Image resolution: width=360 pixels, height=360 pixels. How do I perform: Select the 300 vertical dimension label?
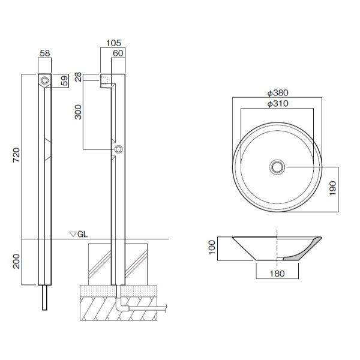(x=78, y=112)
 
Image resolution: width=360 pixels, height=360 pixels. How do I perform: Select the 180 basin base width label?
(x=276, y=273)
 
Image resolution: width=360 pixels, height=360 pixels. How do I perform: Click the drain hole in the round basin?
(x=277, y=166)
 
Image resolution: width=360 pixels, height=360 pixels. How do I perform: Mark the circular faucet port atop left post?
(x=44, y=79)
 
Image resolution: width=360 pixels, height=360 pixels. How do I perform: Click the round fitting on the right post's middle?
(x=118, y=149)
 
